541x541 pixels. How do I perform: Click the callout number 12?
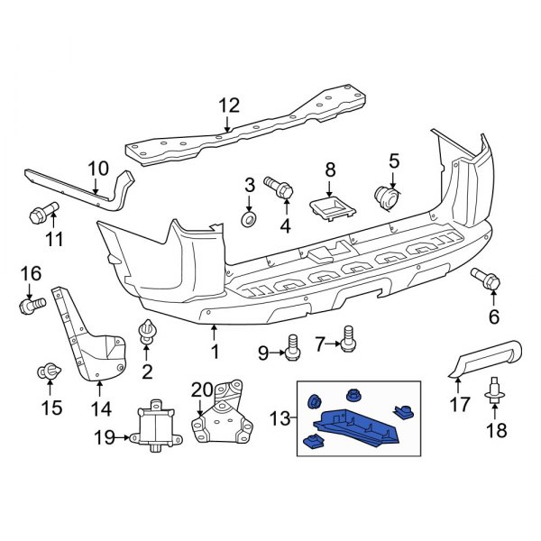[x=229, y=105]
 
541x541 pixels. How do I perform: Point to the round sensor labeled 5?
[x=389, y=196]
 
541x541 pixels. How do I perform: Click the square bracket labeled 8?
[x=329, y=207]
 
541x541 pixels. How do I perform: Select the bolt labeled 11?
[x=40, y=215]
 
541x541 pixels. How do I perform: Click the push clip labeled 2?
[x=146, y=334]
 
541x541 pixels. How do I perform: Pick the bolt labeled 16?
[x=30, y=304]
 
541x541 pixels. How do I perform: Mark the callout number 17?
[x=460, y=406]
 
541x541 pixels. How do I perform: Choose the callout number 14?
[x=100, y=408]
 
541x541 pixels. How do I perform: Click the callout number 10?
[x=97, y=168]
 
